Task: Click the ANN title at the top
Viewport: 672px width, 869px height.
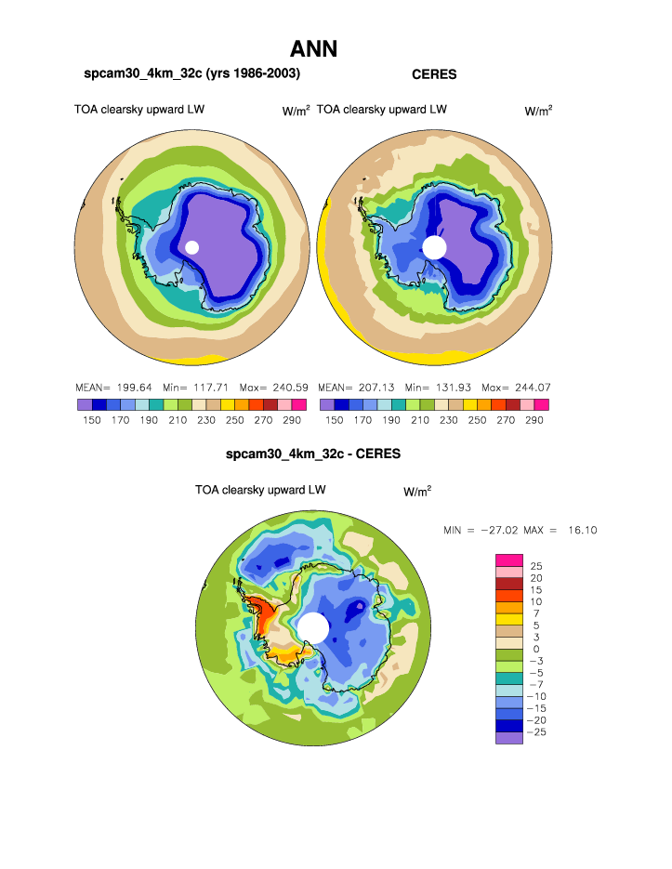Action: pos(313,49)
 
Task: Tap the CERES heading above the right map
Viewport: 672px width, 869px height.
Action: pos(434,74)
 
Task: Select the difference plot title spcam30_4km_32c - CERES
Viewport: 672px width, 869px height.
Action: pos(313,455)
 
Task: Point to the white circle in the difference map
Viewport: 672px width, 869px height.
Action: pos(313,627)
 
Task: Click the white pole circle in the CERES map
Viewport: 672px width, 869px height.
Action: pos(434,247)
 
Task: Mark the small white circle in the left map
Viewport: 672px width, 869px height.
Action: pos(192,247)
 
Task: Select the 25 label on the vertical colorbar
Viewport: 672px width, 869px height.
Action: pos(536,565)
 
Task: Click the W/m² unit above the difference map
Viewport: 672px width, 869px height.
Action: pos(417,491)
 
